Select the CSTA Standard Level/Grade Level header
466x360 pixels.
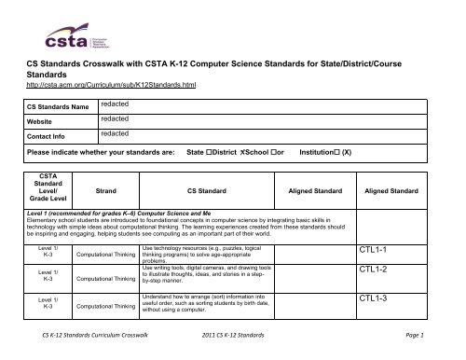[48, 215]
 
